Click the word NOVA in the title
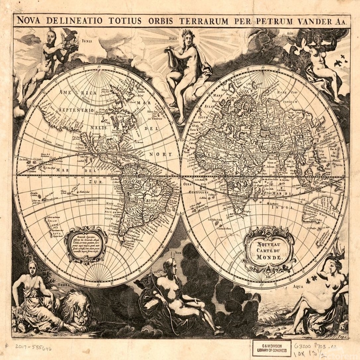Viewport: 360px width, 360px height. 29,21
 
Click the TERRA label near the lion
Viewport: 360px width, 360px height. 66,284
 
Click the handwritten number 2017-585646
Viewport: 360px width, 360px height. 34,347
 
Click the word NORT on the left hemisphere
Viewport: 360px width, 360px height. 160,154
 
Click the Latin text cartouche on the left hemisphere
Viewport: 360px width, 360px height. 85,244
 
